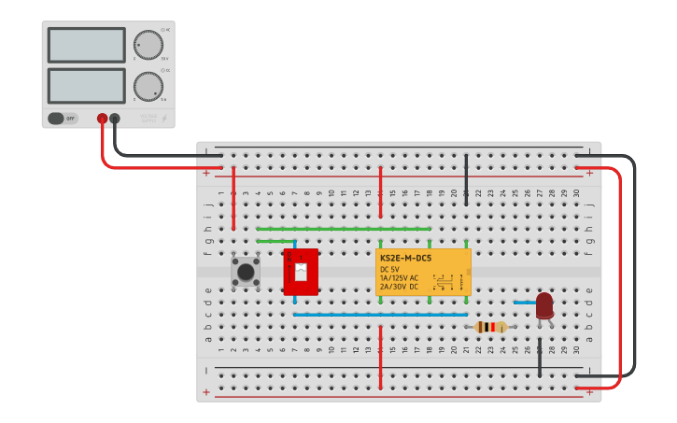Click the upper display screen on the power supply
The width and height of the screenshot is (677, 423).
(86, 45)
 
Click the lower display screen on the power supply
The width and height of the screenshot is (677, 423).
(86, 86)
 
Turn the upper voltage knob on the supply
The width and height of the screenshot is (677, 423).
(148, 44)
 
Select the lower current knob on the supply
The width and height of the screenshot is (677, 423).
(148, 87)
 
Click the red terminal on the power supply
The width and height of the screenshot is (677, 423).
(102, 119)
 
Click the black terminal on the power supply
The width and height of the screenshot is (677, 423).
(115, 119)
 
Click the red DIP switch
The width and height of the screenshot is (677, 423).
(301, 272)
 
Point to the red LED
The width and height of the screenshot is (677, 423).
(544, 305)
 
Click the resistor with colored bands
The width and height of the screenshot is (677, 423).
(490, 327)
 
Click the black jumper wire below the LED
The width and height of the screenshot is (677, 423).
(539, 360)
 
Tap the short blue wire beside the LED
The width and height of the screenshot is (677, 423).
(524, 303)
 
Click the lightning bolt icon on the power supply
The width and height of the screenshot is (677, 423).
(165, 119)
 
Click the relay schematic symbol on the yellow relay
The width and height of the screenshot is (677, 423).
(444, 281)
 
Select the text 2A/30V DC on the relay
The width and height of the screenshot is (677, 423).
(400, 286)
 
